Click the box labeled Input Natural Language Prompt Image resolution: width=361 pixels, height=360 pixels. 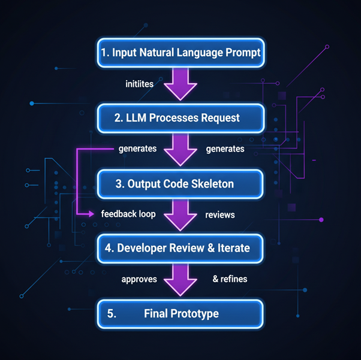(180, 52)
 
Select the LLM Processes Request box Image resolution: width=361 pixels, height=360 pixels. (180, 118)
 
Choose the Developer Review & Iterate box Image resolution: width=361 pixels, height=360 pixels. (180, 247)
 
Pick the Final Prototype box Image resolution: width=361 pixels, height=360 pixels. (180, 313)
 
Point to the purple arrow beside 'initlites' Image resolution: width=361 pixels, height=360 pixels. (180, 84)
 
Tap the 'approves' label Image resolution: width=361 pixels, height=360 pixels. (139, 279)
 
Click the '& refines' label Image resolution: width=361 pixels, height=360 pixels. (229, 279)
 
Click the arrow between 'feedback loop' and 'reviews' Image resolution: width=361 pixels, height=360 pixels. (180, 215)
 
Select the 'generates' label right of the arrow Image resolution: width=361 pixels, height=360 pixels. (225, 149)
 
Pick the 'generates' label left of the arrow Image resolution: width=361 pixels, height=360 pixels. (137, 149)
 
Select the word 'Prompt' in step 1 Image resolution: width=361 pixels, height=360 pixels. (240, 52)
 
